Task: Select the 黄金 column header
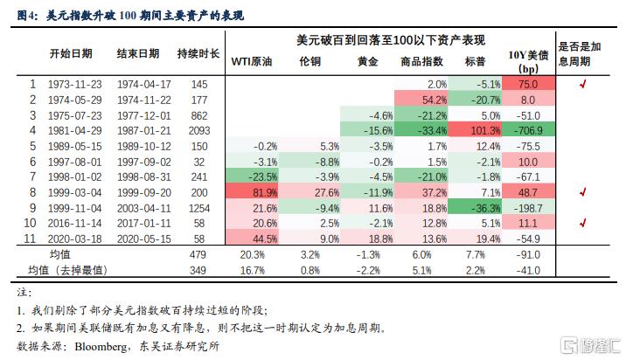368,62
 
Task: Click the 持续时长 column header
198,53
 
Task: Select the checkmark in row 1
581,84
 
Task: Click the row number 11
32,237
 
